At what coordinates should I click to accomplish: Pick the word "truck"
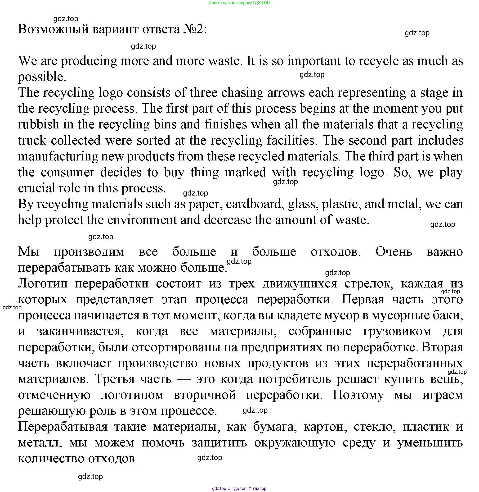[x=32, y=141]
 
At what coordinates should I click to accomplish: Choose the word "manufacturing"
[x=58, y=156]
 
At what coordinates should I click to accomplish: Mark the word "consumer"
[x=67, y=173]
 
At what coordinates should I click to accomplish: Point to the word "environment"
[x=142, y=220]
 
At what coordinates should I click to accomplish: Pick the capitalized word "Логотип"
[x=43, y=284]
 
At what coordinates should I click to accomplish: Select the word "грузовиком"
[x=397, y=331]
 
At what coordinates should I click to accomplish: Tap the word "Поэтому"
[x=358, y=395]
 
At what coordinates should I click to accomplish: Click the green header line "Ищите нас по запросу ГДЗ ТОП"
[x=239, y=3]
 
